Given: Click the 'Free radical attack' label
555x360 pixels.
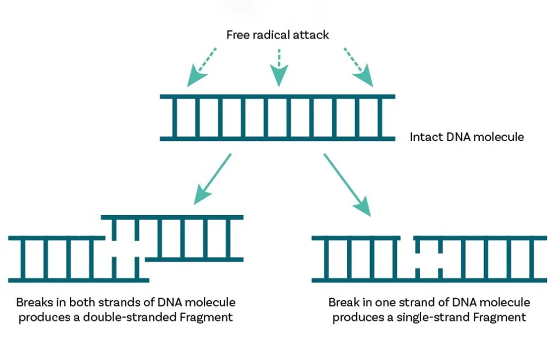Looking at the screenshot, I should [x=277, y=35].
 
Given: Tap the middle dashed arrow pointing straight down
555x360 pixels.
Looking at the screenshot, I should [x=279, y=67].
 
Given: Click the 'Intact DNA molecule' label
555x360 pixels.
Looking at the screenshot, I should [x=467, y=137].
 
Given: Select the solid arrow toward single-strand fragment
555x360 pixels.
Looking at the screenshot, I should [x=347, y=184].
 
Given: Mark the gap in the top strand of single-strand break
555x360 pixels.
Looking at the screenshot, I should [x=407, y=238].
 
